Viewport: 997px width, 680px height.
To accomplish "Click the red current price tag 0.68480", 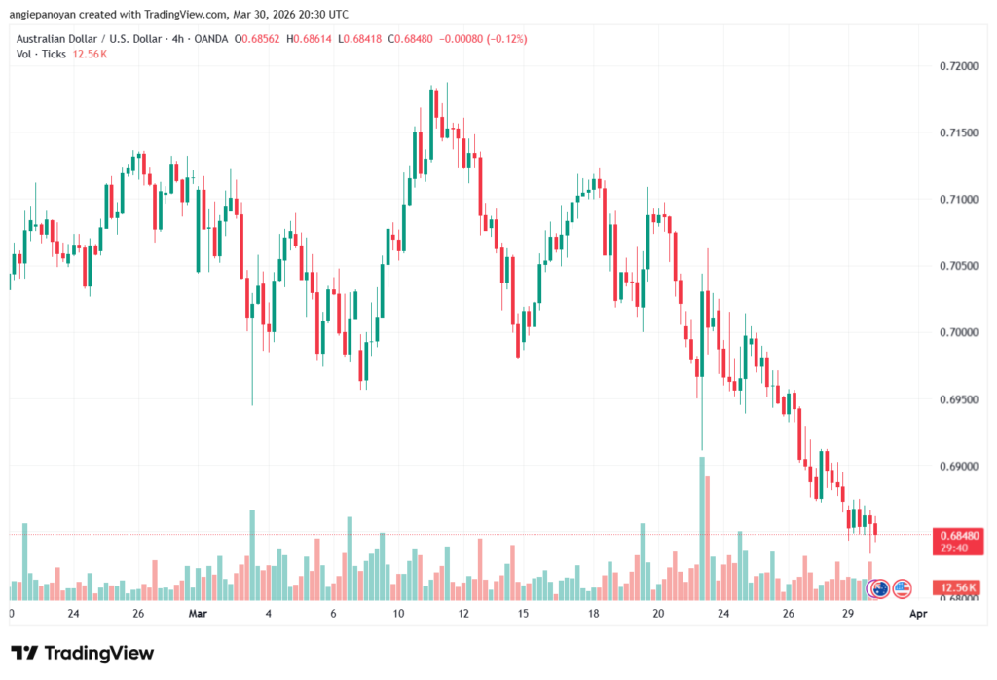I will point(955,535).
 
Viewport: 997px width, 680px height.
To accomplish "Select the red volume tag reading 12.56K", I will point(955,587).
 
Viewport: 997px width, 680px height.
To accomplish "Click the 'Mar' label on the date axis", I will point(199,615).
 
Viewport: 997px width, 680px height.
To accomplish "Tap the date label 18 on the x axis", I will point(592,615).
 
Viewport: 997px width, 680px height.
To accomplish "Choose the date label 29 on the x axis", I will point(848,615).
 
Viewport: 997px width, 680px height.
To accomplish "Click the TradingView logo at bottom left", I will point(82,653).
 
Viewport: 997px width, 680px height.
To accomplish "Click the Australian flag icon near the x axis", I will point(879,588).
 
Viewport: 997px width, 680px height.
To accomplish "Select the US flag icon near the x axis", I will point(902,588).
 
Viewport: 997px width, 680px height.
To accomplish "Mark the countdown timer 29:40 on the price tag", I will point(955,548).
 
